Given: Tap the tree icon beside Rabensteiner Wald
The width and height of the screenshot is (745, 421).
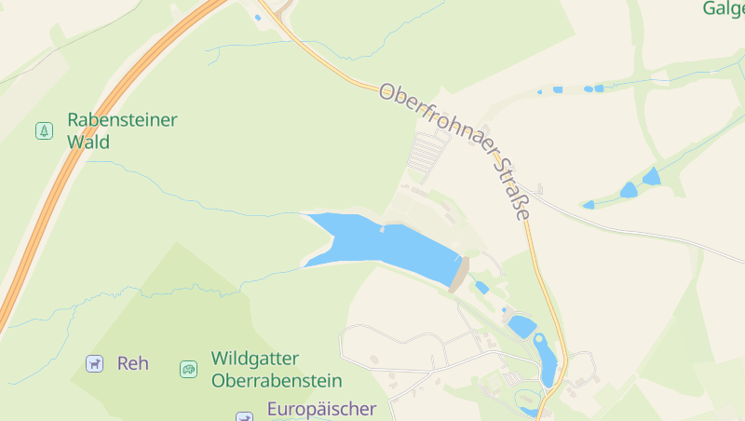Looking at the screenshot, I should point(44,130).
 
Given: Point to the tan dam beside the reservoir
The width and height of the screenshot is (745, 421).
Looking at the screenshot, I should point(459,274).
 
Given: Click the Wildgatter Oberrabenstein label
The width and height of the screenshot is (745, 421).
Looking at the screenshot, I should point(277,369).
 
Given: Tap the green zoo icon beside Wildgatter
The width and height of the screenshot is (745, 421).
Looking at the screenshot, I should point(188,369).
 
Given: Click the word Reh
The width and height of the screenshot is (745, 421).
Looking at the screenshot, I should point(133,363).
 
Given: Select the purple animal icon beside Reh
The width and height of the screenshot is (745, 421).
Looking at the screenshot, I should point(94,363).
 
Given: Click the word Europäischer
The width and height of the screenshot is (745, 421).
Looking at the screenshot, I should point(321,409).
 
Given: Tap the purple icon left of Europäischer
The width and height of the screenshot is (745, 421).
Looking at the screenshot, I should point(244,416).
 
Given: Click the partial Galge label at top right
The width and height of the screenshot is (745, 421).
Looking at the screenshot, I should point(724,8).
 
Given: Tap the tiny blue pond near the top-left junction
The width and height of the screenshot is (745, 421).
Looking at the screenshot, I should point(257,17).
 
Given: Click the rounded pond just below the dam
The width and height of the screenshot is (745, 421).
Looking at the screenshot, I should point(521,326).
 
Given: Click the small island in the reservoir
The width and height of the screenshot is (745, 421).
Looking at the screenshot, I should point(382,229).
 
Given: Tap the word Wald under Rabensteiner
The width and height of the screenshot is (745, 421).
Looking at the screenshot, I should point(88,143).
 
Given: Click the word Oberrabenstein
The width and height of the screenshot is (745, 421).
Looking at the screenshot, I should point(277,381).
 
